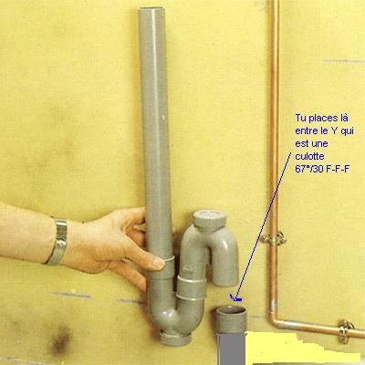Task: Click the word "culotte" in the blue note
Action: pyautogui.click(x=309, y=156)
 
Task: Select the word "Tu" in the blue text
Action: pyautogui.click(x=300, y=118)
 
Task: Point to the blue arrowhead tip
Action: pyautogui.click(x=232, y=296)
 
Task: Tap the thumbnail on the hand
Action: pyautogui.click(x=159, y=263)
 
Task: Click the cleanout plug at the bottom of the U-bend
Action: pyautogui.click(x=175, y=339)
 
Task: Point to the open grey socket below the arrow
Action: pyautogui.click(x=231, y=319)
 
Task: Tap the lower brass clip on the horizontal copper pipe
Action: pyautogui.click(x=347, y=330)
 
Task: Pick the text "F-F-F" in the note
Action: pyautogui.click(x=337, y=169)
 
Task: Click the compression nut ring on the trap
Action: pyautogui.click(x=191, y=288)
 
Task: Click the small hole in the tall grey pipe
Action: pyautogui.click(x=163, y=117)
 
